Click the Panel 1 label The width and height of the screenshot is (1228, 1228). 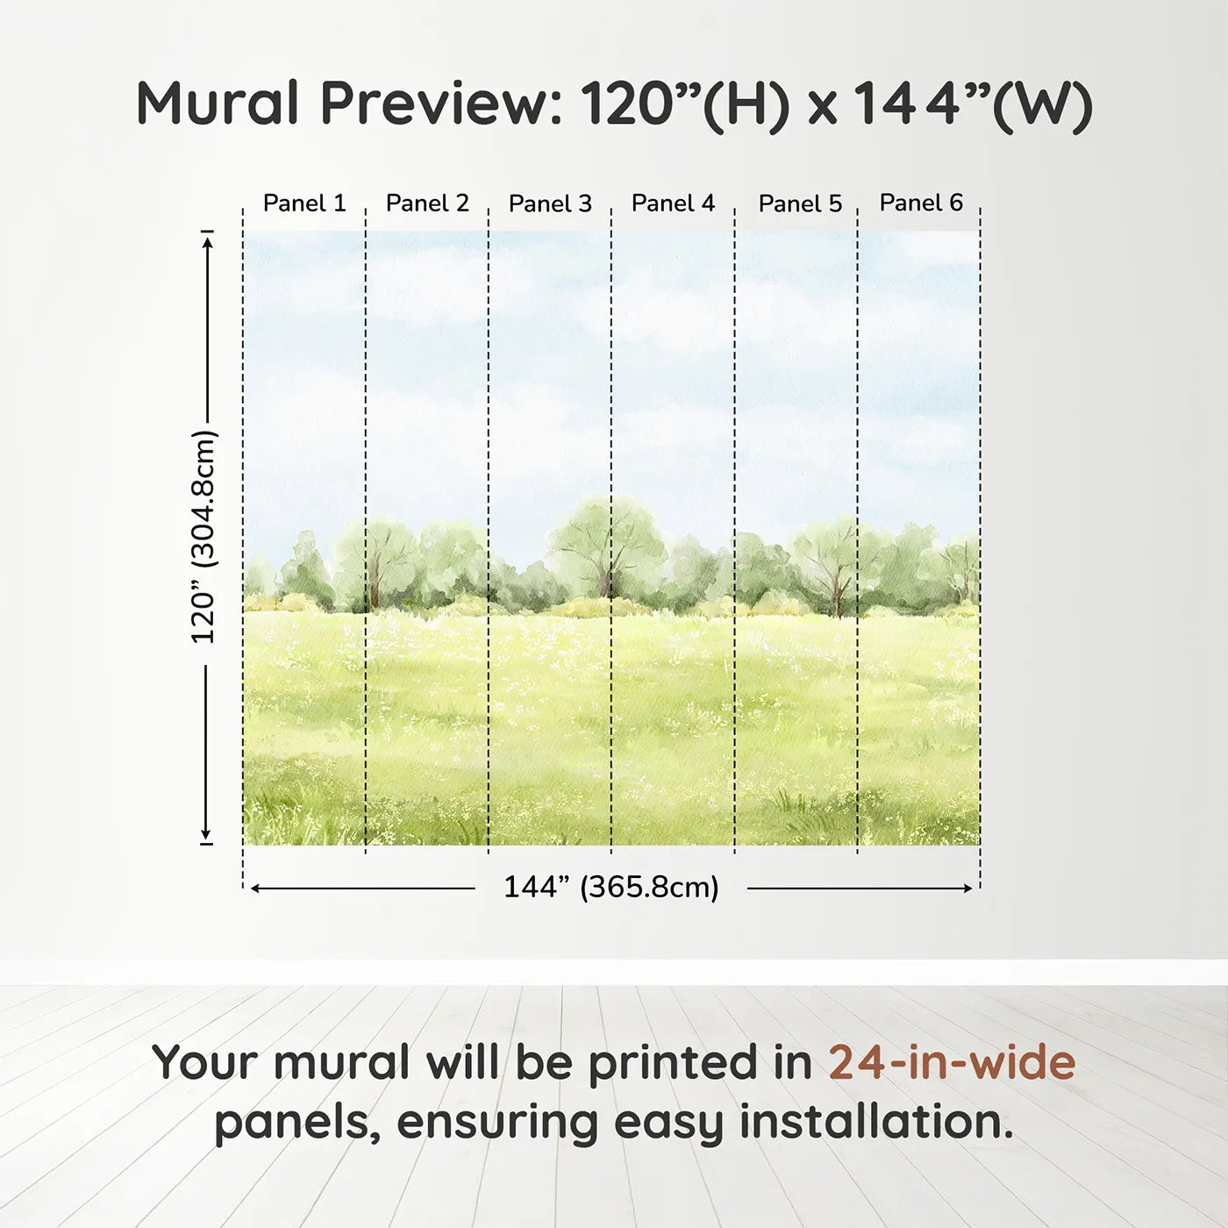pyautogui.click(x=304, y=203)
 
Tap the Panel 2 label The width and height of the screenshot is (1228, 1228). pyautogui.click(x=427, y=203)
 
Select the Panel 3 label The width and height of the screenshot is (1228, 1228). pyautogui.click(x=550, y=204)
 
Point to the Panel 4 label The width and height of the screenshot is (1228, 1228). pyautogui.click(x=673, y=203)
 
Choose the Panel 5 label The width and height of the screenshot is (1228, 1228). pyautogui.click(x=800, y=204)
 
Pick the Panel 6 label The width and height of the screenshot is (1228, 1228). pyautogui.click(x=921, y=203)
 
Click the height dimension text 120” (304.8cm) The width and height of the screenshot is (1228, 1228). pyautogui.click(x=203, y=537)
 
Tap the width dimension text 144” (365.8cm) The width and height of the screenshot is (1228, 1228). pyautogui.click(x=610, y=887)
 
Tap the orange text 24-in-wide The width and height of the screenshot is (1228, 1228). pyautogui.click(x=952, y=1062)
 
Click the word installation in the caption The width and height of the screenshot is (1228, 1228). pyautogui.click(x=875, y=1122)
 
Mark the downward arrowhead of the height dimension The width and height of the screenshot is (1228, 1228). pyautogui.click(x=207, y=835)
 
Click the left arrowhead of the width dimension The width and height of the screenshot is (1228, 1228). pyautogui.click(x=255, y=889)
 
